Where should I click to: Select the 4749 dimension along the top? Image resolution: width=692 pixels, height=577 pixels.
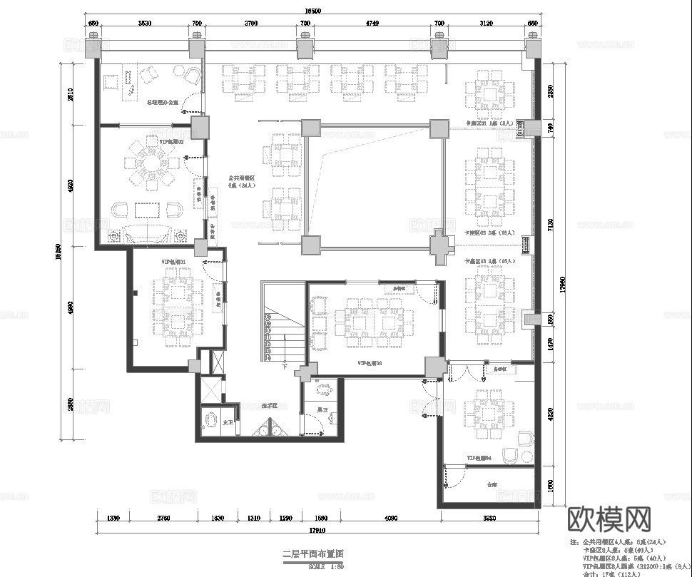372,24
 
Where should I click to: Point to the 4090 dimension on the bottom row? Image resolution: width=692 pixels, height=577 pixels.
391,519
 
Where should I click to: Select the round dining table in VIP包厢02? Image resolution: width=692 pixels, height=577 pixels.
153,165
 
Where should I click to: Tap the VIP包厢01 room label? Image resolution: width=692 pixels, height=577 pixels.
173,262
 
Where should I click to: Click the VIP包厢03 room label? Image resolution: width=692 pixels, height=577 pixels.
370,363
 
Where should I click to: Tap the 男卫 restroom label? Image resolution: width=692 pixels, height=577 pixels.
322,410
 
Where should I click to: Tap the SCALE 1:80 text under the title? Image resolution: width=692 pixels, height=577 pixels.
327,566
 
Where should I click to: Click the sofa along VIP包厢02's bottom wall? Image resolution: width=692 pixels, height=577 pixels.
147,233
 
